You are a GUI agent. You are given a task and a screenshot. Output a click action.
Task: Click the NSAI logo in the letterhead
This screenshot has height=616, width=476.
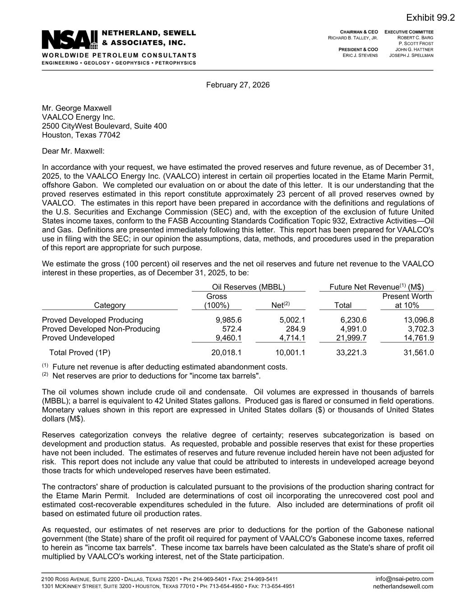click(x=69, y=40)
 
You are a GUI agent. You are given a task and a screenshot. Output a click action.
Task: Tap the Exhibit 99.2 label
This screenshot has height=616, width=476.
click(x=430, y=18)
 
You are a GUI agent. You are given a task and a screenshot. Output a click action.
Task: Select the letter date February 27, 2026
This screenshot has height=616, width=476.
click(x=238, y=85)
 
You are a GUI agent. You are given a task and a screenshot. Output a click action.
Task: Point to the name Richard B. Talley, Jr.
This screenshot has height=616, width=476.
click(x=353, y=38)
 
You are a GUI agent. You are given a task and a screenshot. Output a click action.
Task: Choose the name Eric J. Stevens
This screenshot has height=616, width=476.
click(x=360, y=55)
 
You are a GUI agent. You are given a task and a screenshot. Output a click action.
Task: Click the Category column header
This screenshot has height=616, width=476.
click(x=110, y=306)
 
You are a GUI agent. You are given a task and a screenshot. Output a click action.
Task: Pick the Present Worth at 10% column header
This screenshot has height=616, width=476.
click(x=407, y=301)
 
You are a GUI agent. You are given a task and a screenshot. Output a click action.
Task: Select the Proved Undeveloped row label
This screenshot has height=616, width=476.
click(x=78, y=338)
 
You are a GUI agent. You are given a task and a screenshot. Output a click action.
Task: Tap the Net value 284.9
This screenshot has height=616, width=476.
click(x=296, y=329)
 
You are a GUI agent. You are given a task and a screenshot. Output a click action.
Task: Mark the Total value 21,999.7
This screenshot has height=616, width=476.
click(x=351, y=338)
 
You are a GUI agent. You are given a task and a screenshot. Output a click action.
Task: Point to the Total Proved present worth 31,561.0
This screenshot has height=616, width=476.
click(x=418, y=352)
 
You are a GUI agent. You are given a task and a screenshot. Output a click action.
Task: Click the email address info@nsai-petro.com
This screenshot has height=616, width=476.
click(x=404, y=579)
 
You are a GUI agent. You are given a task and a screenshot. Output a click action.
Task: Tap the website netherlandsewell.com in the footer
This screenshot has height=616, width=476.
click(x=403, y=586)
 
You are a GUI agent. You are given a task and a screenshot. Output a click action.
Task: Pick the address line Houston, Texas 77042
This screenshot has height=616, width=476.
click(x=81, y=134)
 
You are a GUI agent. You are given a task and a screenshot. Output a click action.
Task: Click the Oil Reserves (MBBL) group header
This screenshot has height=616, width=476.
click(x=249, y=287)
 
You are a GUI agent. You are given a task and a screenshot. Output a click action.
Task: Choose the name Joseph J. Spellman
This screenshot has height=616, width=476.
click(x=411, y=55)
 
